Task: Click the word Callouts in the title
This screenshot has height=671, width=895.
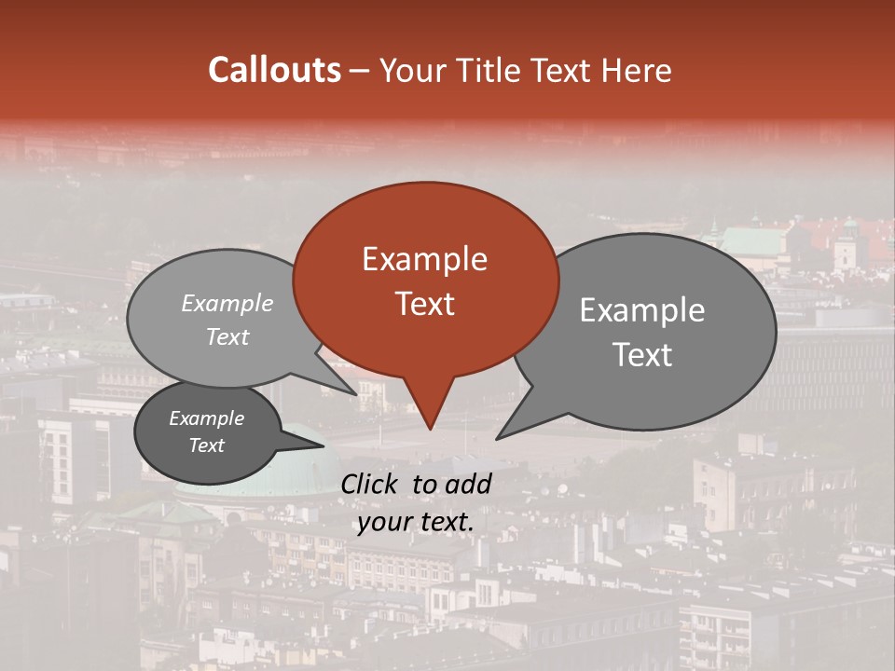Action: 274,70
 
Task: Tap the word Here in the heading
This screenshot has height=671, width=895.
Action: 635,70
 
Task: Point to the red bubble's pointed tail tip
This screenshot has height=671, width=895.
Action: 430,429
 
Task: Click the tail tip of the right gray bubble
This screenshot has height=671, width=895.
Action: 498,438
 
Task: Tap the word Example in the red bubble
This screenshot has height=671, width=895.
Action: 424,259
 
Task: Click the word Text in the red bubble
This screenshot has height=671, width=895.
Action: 425,304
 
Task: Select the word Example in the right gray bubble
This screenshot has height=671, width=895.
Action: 641,310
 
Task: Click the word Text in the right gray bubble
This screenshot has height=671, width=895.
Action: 642,355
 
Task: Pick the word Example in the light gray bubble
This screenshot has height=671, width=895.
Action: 227,303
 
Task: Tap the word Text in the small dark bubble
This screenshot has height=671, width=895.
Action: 207,445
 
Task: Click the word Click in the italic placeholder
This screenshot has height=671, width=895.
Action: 370,484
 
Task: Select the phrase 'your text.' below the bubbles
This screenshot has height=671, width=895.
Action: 416,522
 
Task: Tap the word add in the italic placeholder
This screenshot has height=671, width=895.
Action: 468,484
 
